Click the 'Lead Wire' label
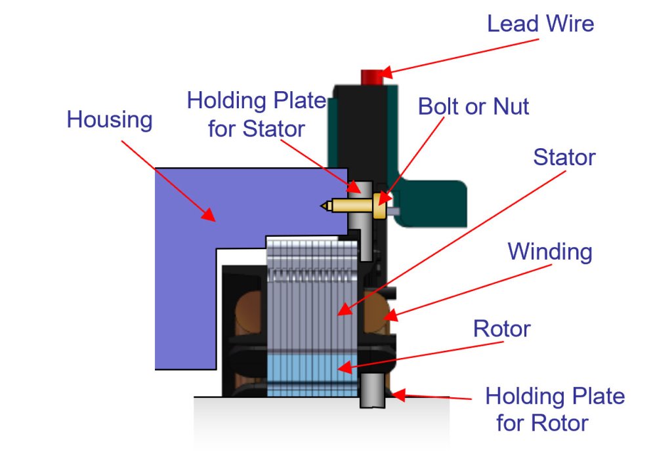coord(539,24)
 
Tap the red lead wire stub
coord(372,76)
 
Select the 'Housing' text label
coord(110,121)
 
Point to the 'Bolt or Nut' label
coord(473,106)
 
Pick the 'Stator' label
coord(564,157)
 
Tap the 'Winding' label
coord(550,251)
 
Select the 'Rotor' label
coord(501,329)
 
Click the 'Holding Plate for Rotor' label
coord(555,410)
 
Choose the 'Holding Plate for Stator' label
coord(257,114)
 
